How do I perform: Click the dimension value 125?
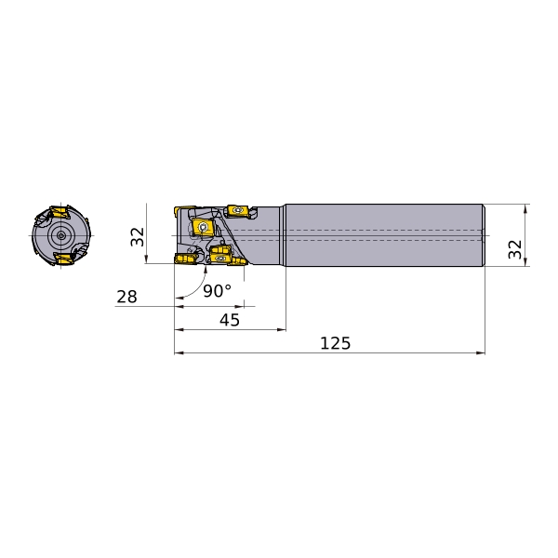(x=335, y=343)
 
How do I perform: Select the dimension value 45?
(x=230, y=320)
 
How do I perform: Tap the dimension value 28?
(x=126, y=297)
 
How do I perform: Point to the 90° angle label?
(x=217, y=291)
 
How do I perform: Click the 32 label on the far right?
(x=515, y=249)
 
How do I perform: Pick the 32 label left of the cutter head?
(x=138, y=237)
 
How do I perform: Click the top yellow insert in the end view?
(x=60, y=212)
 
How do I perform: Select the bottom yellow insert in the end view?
(x=63, y=259)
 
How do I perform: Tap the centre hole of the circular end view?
(x=60, y=235)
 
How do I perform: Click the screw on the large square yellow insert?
(x=203, y=227)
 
